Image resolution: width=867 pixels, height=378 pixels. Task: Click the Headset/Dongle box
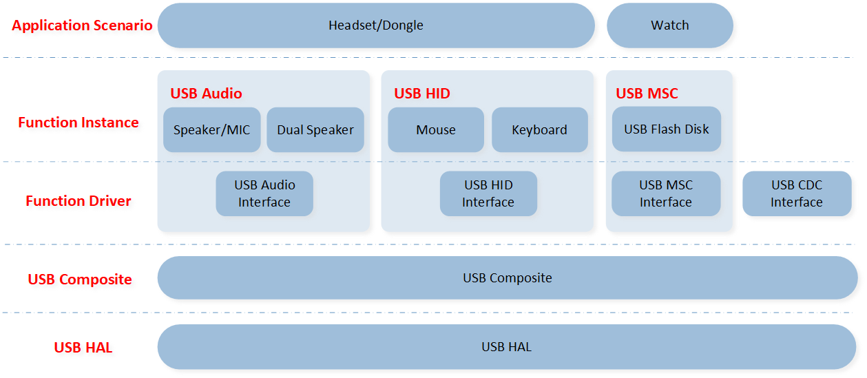click(x=376, y=25)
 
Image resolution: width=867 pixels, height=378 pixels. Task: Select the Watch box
click(x=670, y=25)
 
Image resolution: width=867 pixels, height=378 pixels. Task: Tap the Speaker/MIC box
click(x=211, y=129)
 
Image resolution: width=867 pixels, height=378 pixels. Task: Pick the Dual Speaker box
click(x=315, y=129)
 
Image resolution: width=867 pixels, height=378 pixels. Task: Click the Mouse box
click(x=436, y=129)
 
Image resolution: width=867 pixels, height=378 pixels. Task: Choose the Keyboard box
click(x=540, y=129)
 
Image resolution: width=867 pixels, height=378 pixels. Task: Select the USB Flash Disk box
click(x=667, y=129)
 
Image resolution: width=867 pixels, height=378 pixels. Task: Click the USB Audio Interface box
click(x=264, y=193)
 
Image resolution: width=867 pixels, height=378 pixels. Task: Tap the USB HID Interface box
click(x=488, y=193)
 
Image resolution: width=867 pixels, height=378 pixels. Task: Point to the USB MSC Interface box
click(x=666, y=193)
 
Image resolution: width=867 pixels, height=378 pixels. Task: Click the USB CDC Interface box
click(x=797, y=193)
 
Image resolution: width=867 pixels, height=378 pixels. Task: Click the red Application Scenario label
click(x=82, y=25)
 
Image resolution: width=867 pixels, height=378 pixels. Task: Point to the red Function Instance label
click(x=79, y=123)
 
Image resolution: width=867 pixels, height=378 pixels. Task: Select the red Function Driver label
click(x=79, y=201)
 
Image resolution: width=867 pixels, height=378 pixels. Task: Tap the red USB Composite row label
click(x=80, y=280)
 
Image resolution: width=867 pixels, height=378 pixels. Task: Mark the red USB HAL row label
click(x=83, y=348)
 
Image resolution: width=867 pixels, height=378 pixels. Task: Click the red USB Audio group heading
click(x=206, y=94)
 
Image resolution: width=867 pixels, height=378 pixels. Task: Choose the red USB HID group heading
click(x=422, y=94)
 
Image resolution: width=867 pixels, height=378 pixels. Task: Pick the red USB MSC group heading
click(x=647, y=94)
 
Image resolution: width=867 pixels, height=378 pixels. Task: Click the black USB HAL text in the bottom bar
click(x=506, y=347)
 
